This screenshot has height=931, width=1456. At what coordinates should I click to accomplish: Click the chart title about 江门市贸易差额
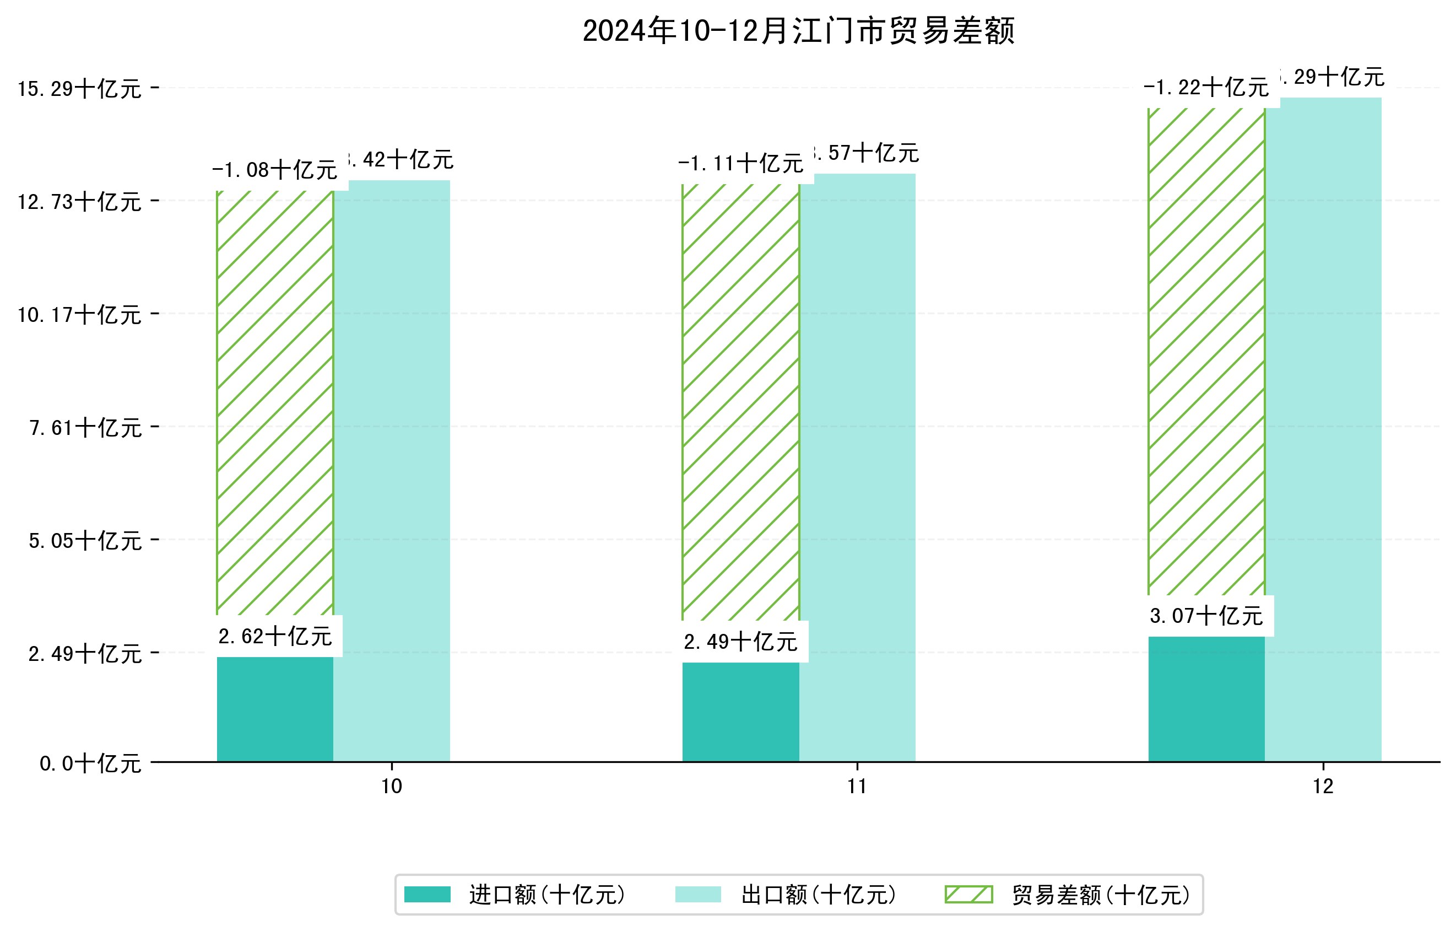tap(798, 31)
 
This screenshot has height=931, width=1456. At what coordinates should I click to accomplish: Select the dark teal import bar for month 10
tap(275, 709)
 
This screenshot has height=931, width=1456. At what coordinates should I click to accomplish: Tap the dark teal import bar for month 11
tap(741, 712)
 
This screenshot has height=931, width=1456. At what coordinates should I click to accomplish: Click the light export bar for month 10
tap(392, 472)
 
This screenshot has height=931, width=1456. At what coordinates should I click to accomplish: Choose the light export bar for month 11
tap(857, 469)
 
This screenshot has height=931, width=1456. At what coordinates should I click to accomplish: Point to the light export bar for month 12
tap(1323, 429)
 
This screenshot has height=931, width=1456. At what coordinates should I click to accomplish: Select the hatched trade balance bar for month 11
tap(741, 402)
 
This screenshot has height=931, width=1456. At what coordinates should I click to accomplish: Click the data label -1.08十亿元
tap(275, 170)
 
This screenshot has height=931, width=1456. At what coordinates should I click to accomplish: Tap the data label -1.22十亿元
tap(1206, 88)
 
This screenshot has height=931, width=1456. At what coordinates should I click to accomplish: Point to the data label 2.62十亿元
tap(275, 637)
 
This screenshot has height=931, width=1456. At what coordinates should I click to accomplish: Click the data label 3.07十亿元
tap(1206, 616)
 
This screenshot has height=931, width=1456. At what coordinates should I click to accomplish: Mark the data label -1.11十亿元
tap(741, 163)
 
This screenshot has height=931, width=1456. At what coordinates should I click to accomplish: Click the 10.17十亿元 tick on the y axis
tap(79, 315)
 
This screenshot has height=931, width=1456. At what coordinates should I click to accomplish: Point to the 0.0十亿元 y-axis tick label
tap(90, 763)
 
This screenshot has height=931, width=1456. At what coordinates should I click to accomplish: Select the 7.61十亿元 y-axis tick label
tap(85, 428)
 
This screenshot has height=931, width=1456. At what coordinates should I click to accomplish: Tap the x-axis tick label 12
tap(1323, 787)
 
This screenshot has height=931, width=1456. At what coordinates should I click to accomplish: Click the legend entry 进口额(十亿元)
tap(546, 895)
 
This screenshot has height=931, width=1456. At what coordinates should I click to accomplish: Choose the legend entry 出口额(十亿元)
tap(818, 895)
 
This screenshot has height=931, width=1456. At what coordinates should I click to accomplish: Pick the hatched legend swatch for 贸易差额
tap(968, 894)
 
